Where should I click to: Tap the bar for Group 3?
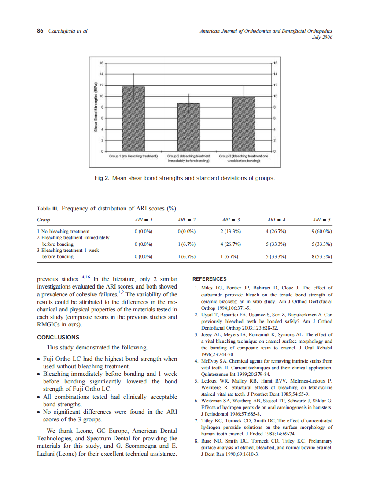point(243,124)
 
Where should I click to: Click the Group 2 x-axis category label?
point(188,158)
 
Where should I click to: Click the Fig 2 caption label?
point(102,178)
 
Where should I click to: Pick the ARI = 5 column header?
point(321,219)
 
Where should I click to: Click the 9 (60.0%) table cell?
point(321,231)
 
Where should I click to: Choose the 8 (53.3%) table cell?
point(321,256)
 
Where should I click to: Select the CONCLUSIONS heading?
point(58,337)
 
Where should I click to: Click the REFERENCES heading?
point(210,279)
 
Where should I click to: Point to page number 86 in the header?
point(40,31)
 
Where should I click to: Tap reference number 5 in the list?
point(196,380)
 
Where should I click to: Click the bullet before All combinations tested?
point(39,397)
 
